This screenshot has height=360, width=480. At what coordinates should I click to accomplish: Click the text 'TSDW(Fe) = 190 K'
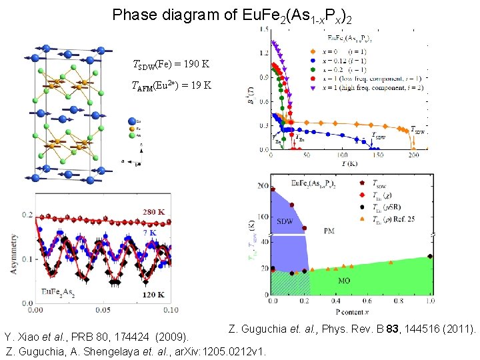pos(172,65)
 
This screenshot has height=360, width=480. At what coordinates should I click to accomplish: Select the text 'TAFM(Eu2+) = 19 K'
pos(173,85)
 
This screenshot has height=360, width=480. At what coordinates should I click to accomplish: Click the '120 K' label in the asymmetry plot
pos(153,293)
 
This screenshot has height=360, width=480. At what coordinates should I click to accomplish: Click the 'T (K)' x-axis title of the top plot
pos(341,163)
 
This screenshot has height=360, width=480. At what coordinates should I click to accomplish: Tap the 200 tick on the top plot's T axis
pos(413,155)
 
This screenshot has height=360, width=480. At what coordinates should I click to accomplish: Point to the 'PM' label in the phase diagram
pos(329,231)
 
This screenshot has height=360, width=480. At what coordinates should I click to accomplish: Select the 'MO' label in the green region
pos(344,281)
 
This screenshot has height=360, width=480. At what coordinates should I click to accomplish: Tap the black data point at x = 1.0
pos(430,256)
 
